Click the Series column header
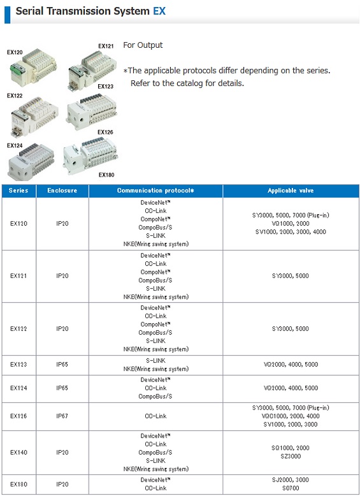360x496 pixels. (x=18, y=191)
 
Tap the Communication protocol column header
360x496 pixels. (x=155, y=191)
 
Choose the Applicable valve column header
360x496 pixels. (x=291, y=191)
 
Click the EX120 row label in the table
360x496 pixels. (x=18, y=224)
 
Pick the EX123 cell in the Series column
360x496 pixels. (x=18, y=365)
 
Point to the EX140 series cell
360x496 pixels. (x=18, y=452)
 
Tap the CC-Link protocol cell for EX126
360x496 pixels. (x=155, y=416)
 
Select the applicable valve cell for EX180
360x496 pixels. (x=291, y=484)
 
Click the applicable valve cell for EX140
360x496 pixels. (x=291, y=452)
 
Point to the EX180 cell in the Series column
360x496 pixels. (x=18, y=484)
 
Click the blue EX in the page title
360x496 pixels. (x=159, y=11)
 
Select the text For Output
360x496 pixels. (x=143, y=45)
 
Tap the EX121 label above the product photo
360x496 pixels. (x=106, y=46)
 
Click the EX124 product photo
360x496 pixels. (x=31, y=164)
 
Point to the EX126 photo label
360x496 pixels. (x=105, y=133)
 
